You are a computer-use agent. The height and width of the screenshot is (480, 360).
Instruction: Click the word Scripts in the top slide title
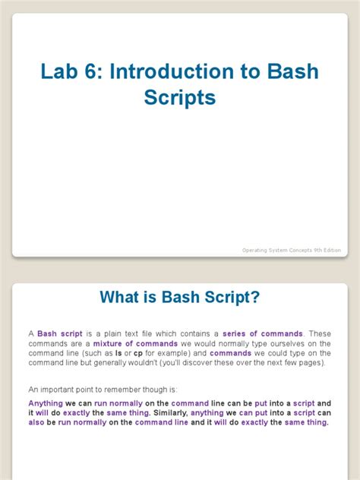(x=180, y=99)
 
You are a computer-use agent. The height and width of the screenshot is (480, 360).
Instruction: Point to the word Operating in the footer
(x=257, y=250)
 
